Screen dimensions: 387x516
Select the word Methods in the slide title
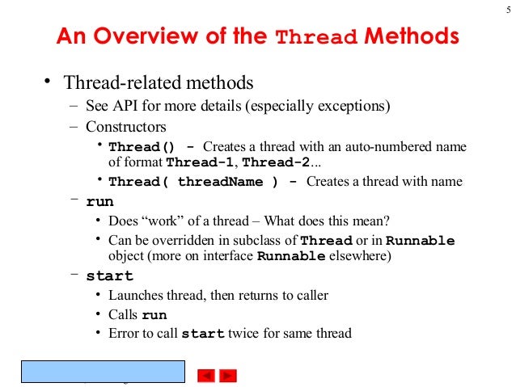click(x=412, y=37)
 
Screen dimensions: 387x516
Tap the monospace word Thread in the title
click(x=316, y=39)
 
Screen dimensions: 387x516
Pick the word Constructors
click(x=126, y=127)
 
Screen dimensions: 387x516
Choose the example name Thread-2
click(x=277, y=162)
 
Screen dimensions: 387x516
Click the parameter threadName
click(x=220, y=182)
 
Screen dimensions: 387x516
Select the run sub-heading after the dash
click(x=99, y=202)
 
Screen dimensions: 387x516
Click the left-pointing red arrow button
click(x=207, y=375)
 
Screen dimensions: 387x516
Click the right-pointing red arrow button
click(x=228, y=375)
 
